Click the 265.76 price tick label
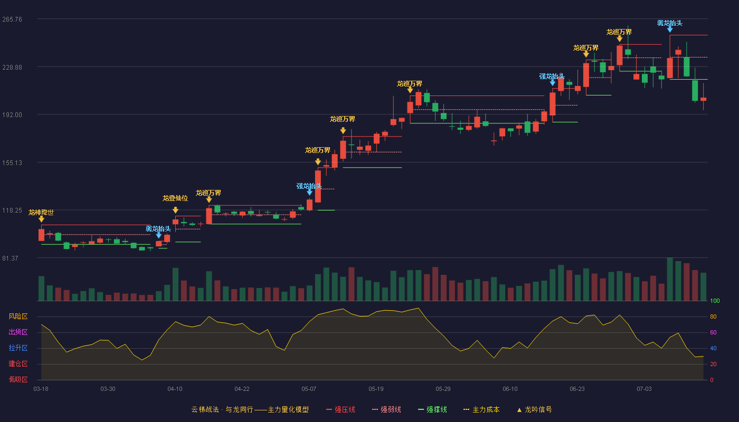point(12,20)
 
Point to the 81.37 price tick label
point(10,258)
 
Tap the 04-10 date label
point(175,389)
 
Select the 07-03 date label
point(644,389)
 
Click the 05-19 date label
point(376,389)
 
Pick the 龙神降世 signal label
point(41,212)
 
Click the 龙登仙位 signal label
point(175,198)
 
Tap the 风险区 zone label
point(18,316)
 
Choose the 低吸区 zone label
point(18,380)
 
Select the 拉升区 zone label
point(18,348)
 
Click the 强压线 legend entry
point(340,409)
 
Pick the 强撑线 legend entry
point(432,409)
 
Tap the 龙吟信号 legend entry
point(534,409)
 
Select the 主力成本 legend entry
point(481,409)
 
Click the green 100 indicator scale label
point(715,301)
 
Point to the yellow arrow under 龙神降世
point(41,219)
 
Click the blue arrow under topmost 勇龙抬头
point(670,30)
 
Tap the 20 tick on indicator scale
point(713,364)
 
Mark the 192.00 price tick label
point(12,115)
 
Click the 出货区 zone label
point(18,332)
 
